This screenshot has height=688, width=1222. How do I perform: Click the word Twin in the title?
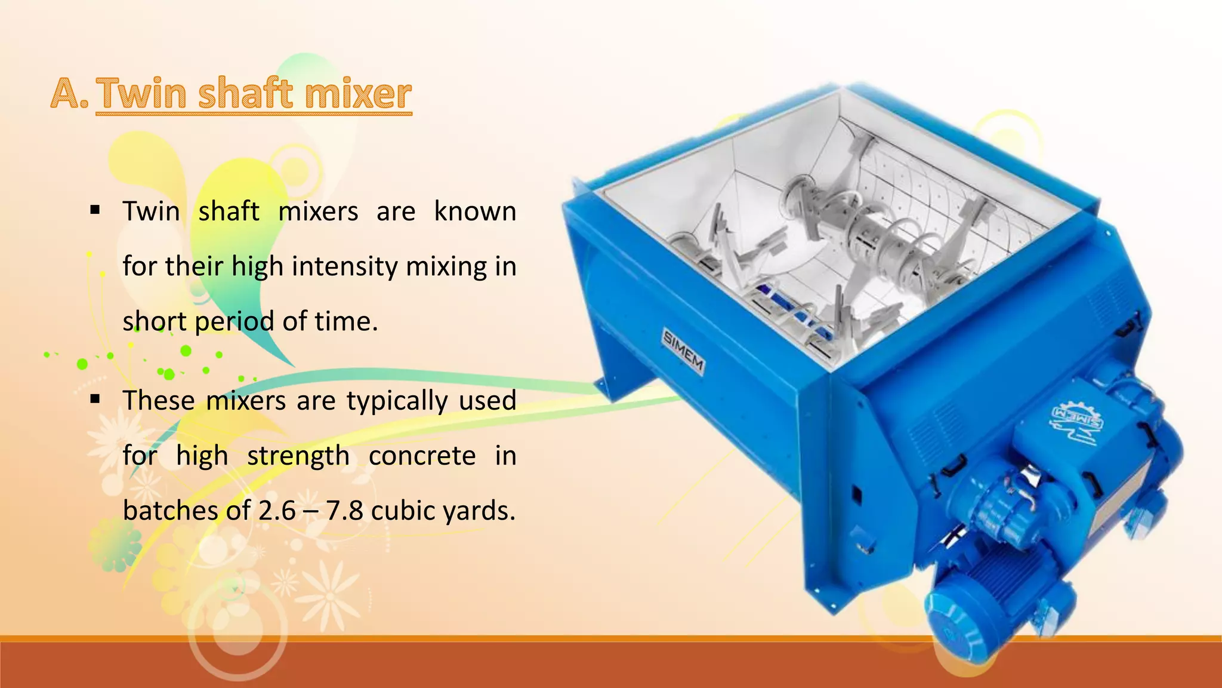(141, 94)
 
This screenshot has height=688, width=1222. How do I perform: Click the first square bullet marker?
(95, 210)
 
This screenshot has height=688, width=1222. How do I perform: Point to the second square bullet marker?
(95, 399)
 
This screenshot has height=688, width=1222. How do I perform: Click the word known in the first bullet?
(475, 211)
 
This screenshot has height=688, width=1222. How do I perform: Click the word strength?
(298, 456)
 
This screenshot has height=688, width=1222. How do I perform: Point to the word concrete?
(422, 456)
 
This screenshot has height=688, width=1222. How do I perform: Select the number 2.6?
(276, 511)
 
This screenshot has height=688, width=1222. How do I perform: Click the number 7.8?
(344, 511)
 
